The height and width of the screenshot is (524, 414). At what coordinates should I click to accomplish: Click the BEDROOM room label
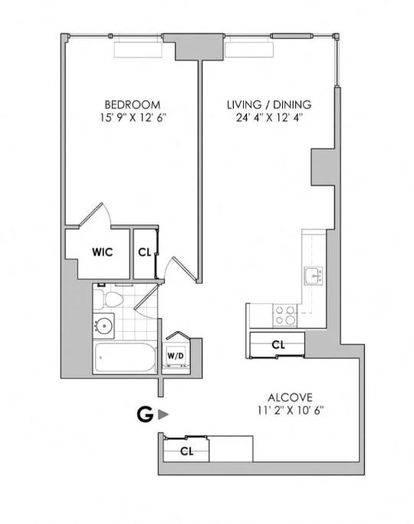pos(132,104)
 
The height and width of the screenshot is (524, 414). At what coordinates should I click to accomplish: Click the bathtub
pos(123,358)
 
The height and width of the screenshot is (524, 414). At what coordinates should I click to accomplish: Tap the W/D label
pos(176,356)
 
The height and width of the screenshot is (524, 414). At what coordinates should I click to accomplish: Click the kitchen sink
pos(312,274)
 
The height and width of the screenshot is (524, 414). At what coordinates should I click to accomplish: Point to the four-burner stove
pos(285,315)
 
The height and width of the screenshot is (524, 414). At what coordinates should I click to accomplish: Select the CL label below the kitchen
pos(278,346)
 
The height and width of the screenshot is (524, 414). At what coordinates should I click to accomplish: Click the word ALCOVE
pos(289,397)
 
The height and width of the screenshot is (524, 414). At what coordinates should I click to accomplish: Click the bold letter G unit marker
pos(143,414)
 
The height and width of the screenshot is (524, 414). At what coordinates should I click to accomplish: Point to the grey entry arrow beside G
pos(162,414)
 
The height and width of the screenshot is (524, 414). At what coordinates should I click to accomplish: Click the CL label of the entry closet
pos(186,451)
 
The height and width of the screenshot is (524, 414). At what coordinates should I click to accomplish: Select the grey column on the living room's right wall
pos(323,167)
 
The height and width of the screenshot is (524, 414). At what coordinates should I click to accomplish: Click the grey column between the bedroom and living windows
pos(186,47)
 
